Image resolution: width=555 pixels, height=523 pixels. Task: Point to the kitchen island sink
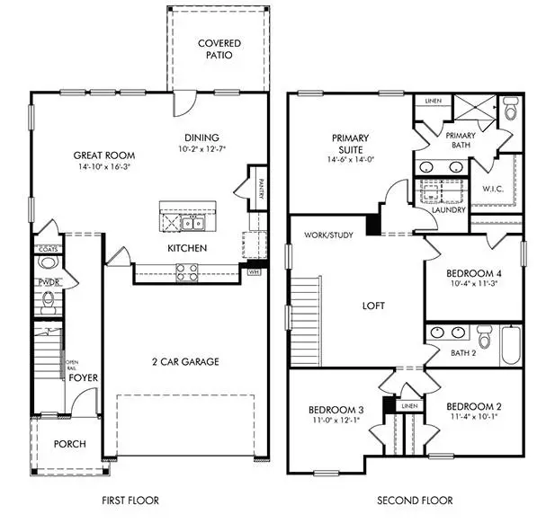pos(190,222)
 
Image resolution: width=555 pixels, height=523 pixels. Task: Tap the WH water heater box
pos(254,269)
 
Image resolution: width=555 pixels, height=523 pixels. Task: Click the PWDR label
pos(48,281)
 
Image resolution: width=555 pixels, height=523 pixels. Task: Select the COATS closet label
pos(47,248)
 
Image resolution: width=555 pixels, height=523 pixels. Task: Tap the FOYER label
pos(84,377)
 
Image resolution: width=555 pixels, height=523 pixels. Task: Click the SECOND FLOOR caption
pos(415,501)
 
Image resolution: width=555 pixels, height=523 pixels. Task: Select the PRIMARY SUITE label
pos(351,144)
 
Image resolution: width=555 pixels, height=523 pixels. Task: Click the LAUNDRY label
pos(448,210)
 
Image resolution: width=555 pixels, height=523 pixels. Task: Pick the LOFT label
pos(373,306)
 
